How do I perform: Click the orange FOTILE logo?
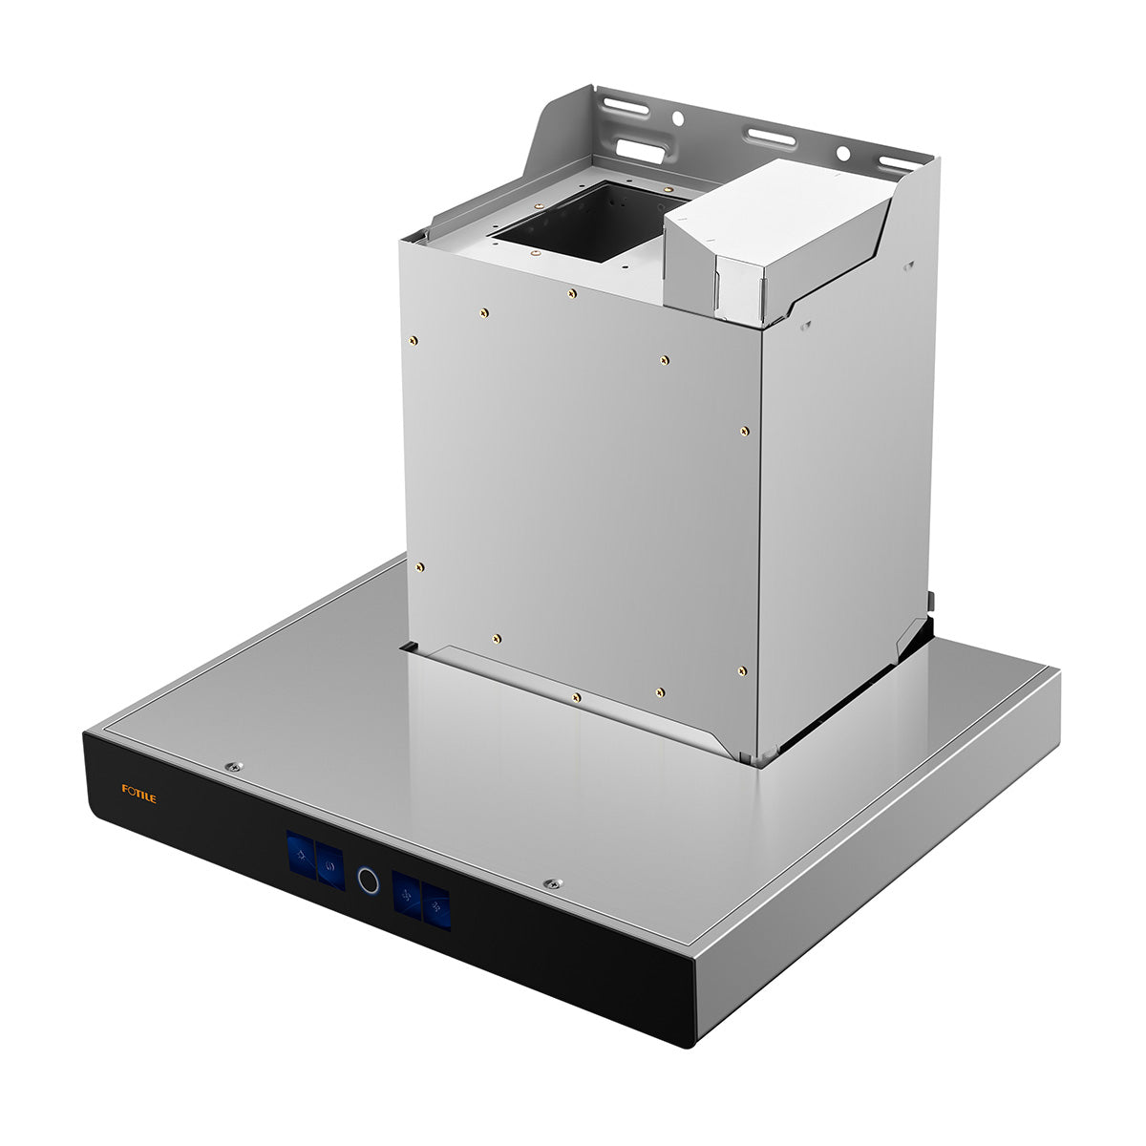(x=139, y=794)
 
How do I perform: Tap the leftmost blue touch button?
(x=301, y=855)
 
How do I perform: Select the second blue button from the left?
(x=330, y=866)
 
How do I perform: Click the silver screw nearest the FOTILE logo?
(x=234, y=767)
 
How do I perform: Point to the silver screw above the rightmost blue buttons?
(x=554, y=883)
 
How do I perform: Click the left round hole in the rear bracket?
(x=677, y=119)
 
